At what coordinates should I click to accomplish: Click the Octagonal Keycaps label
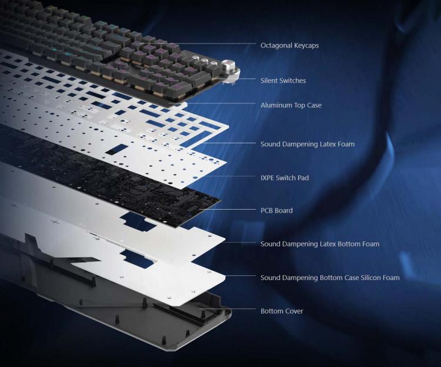(289, 45)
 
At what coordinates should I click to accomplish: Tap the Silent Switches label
(283, 80)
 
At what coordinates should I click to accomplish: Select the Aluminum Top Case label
(291, 105)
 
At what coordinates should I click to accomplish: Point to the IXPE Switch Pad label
(285, 178)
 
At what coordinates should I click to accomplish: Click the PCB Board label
(276, 210)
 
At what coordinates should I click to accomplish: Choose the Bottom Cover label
(282, 311)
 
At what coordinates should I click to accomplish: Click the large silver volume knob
(228, 66)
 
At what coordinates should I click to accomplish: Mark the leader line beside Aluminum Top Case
(220, 103)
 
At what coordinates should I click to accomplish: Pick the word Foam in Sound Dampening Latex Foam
(346, 144)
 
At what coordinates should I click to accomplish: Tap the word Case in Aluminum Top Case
(314, 105)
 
